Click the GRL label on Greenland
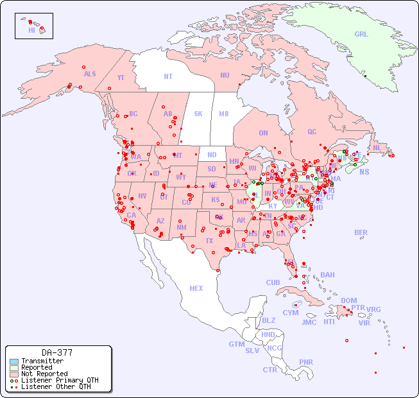(x=361, y=34)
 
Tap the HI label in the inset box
(x=31, y=30)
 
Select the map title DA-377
(x=57, y=352)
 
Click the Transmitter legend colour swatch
(x=14, y=361)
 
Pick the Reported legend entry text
(x=37, y=368)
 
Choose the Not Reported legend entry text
(x=44, y=374)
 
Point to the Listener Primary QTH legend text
(x=60, y=381)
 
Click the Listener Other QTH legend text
(x=56, y=386)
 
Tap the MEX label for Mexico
(x=196, y=288)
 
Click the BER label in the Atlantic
(x=361, y=232)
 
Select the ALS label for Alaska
(x=90, y=74)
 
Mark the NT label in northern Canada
(x=168, y=76)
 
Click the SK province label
(x=198, y=114)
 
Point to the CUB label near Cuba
(x=273, y=282)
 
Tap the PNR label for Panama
(x=306, y=362)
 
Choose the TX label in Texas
(x=209, y=241)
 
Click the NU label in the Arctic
(x=225, y=75)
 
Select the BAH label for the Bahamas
(x=327, y=275)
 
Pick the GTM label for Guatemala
(x=236, y=344)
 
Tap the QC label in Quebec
(x=312, y=132)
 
